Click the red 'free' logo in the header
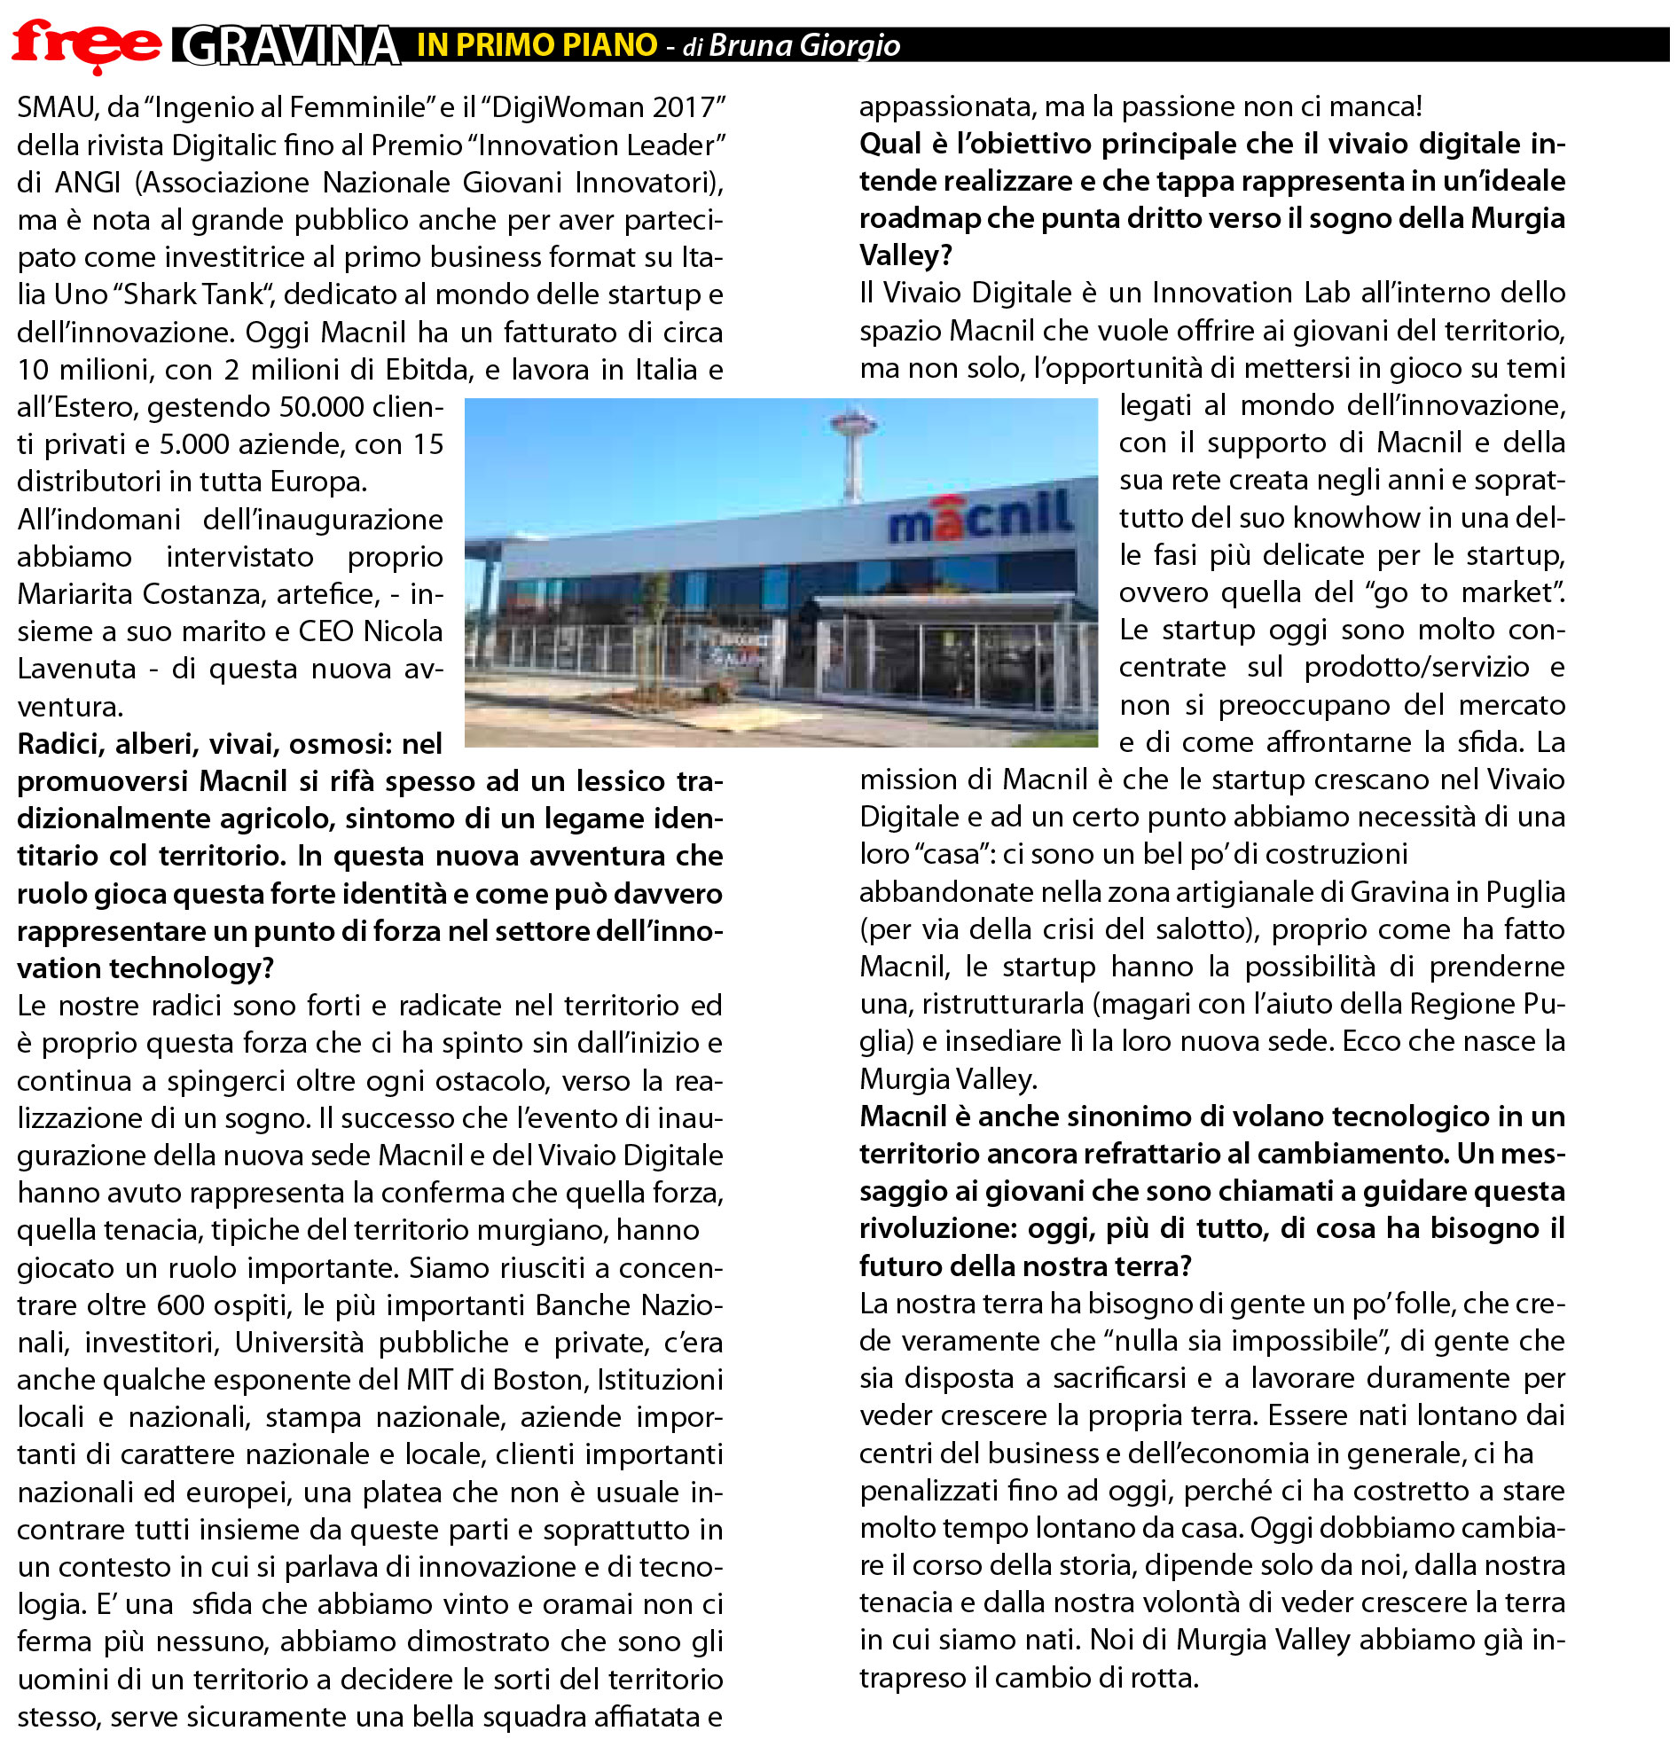(x=86, y=44)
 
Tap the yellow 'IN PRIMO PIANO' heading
(x=537, y=44)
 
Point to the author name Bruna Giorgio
(x=804, y=45)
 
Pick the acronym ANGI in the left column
(x=88, y=182)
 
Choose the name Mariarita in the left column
(x=75, y=593)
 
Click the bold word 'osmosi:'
(x=343, y=743)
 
